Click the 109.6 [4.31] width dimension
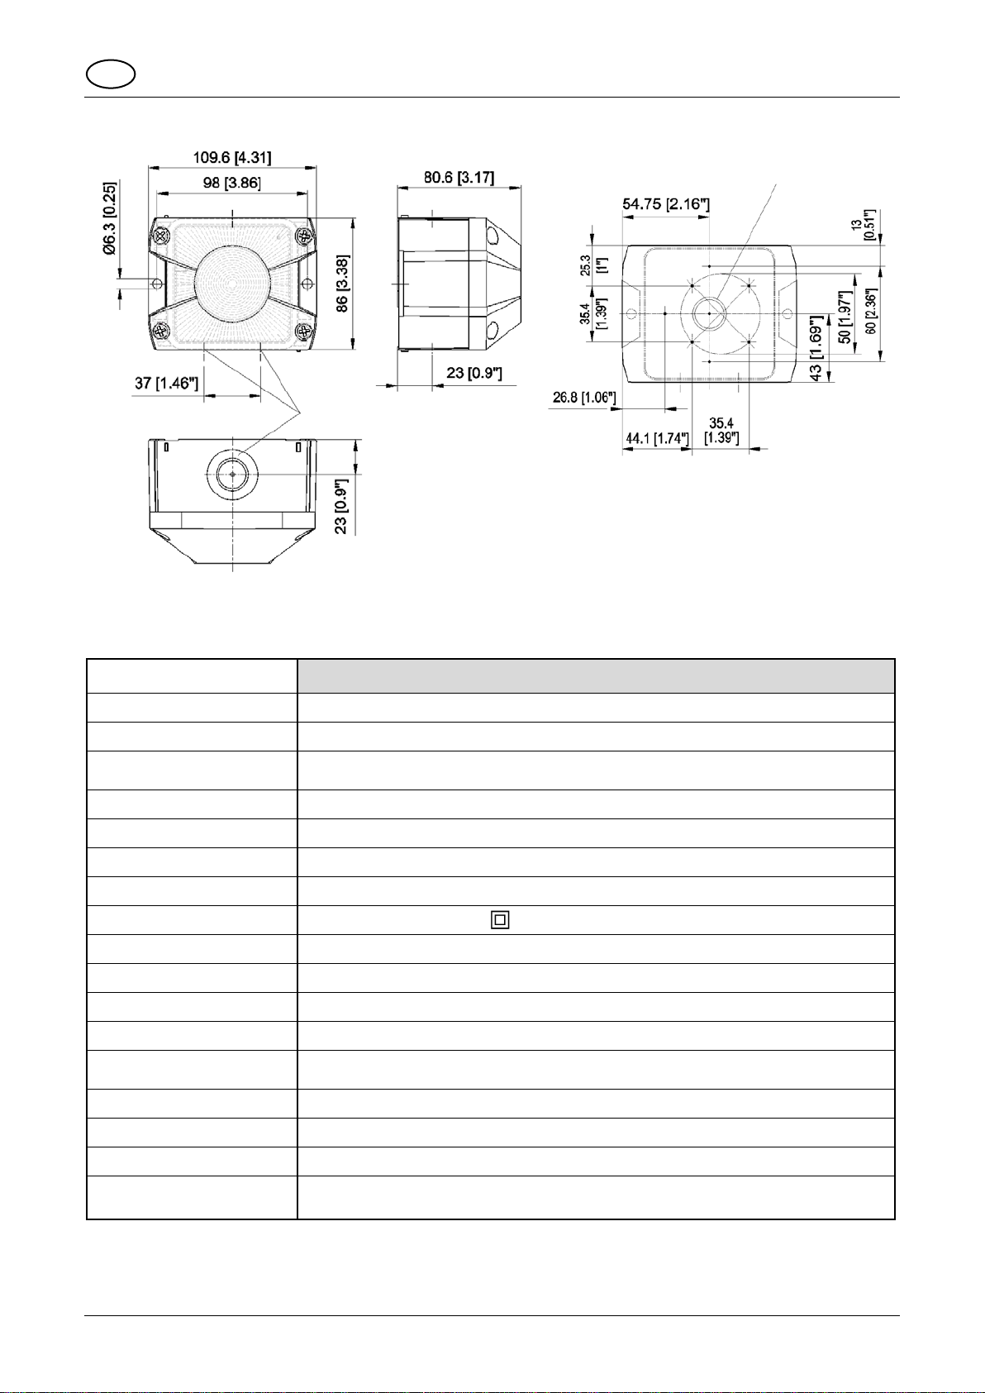232,157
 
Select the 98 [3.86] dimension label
232,183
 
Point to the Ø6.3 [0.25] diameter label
109,218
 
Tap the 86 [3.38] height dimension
341,284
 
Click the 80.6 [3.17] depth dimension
459,177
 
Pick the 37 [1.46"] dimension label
167,383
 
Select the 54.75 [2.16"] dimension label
666,204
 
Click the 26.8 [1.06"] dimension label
584,398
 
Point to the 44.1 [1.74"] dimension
657,438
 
